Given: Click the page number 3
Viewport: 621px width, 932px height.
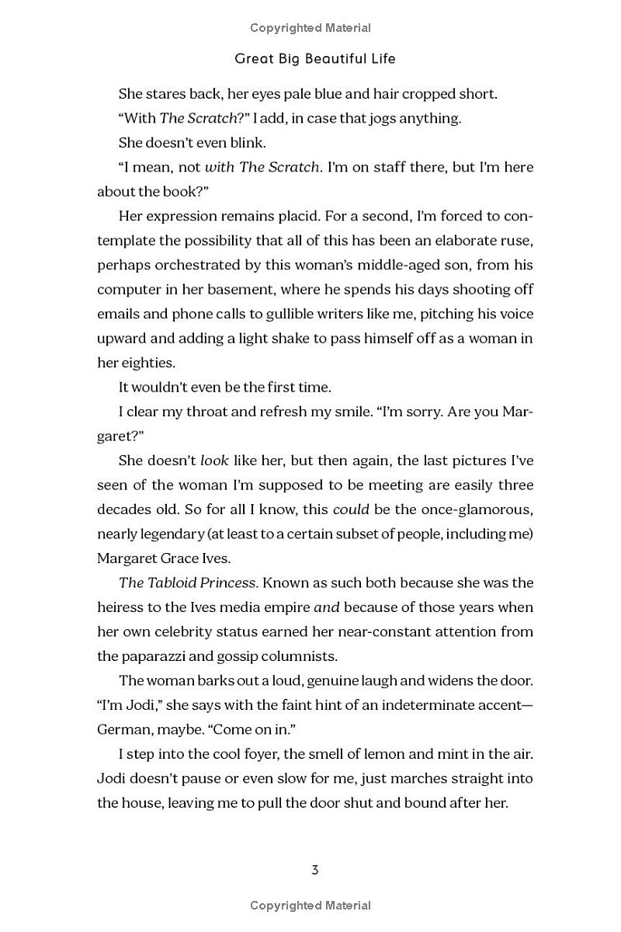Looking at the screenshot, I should point(314,870).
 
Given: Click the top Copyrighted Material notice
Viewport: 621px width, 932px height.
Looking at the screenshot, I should point(310,28).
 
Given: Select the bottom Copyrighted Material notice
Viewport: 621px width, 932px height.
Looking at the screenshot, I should point(310,905).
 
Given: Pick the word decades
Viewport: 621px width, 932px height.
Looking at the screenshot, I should point(127,509).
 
